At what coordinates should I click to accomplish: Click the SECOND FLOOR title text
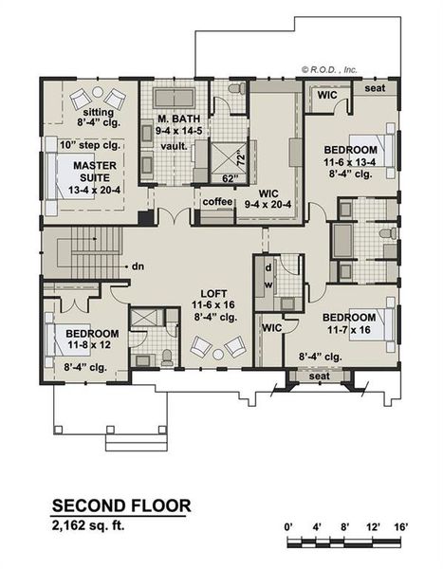(120, 505)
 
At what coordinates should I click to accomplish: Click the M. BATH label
(175, 119)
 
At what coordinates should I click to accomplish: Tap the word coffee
(216, 202)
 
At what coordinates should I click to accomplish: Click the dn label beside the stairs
(138, 266)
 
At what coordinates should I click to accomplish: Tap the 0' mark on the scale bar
(289, 524)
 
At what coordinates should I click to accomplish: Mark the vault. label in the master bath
(173, 146)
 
